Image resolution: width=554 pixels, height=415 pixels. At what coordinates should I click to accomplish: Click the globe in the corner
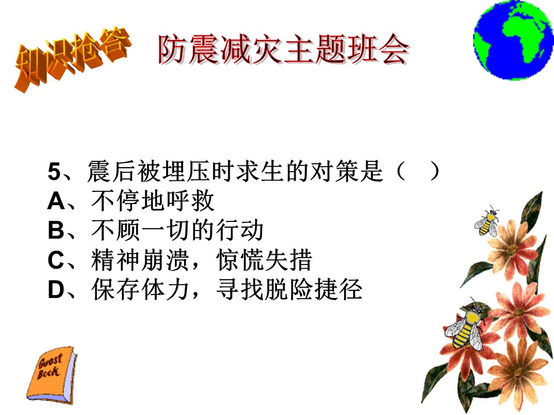pyautogui.click(x=514, y=40)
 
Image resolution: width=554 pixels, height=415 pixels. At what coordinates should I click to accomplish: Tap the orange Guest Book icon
pyautogui.click(x=51, y=375)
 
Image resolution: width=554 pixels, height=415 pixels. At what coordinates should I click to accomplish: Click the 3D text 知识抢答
pyautogui.click(x=73, y=59)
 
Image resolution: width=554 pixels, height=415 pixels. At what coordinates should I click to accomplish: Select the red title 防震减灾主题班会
pyautogui.click(x=284, y=50)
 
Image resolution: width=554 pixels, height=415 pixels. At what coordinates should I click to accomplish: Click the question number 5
pyautogui.click(x=54, y=172)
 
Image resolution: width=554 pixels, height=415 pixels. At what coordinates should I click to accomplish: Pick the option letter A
pyautogui.click(x=56, y=202)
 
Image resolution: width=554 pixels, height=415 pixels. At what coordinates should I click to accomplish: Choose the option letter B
pyautogui.click(x=56, y=231)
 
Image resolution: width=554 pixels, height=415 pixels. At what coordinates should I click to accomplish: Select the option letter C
pyautogui.click(x=56, y=260)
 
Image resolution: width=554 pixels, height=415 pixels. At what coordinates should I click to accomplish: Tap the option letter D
pyautogui.click(x=56, y=290)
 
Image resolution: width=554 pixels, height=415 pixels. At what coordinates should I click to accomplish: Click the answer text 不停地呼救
pyautogui.click(x=152, y=201)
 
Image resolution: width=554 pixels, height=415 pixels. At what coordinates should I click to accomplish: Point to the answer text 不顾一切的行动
pyautogui.click(x=177, y=230)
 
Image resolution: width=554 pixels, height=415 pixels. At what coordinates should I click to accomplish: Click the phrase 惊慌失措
pyautogui.click(x=264, y=260)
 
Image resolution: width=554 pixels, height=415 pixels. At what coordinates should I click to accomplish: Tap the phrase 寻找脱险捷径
pyautogui.click(x=289, y=289)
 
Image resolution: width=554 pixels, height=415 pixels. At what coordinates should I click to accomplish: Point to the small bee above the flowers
pyautogui.click(x=487, y=221)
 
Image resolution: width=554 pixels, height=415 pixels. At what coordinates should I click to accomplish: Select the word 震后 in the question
pyautogui.click(x=111, y=171)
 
